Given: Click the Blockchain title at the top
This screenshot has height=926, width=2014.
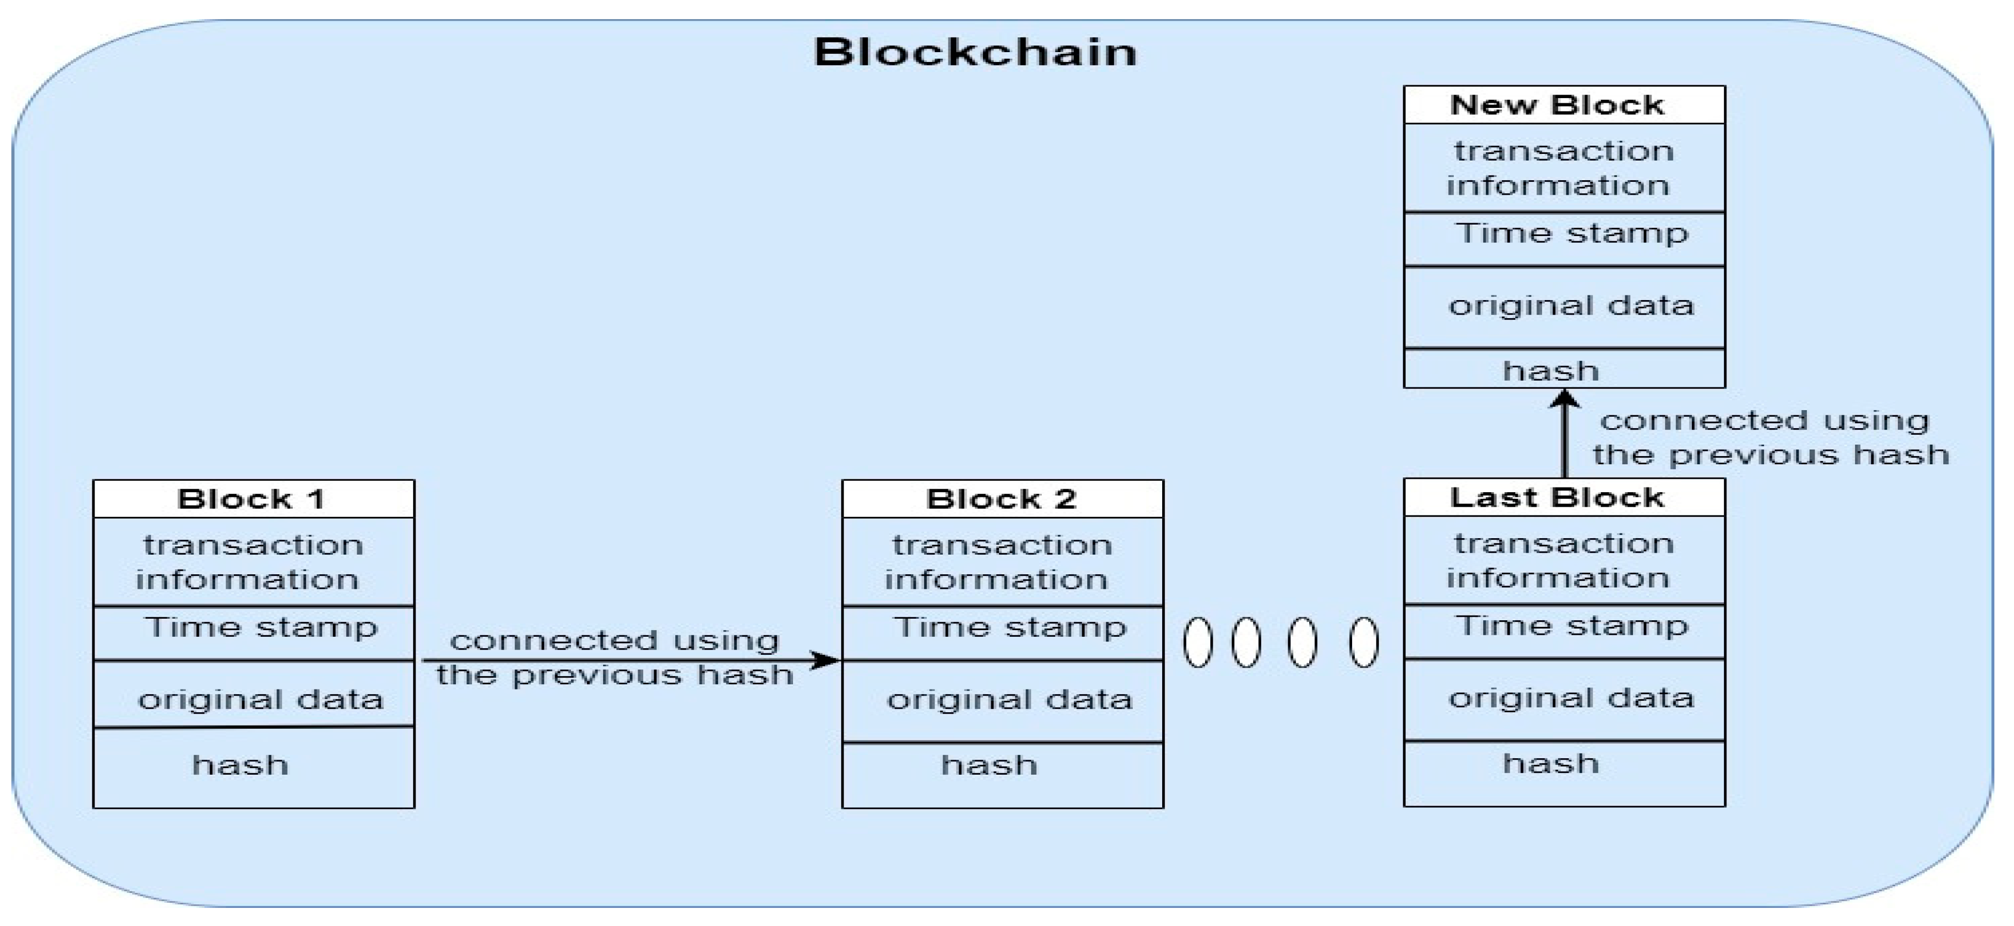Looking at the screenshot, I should point(975,52).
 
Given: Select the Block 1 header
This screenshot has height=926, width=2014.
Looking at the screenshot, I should point(252,499).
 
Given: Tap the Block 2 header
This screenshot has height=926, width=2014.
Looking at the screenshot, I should point(1002,499).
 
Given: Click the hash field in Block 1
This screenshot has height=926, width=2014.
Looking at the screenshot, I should point(241,765).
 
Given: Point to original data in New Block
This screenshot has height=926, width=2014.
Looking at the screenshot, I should point(1570,306).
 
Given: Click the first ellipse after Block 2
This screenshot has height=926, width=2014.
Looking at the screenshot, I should point(1198,642).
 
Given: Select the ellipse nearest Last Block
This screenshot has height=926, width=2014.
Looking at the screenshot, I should point(1363,642).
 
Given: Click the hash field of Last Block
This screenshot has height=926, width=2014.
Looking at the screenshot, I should point(1551,763).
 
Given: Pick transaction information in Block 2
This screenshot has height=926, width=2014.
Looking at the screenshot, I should point(1002,561).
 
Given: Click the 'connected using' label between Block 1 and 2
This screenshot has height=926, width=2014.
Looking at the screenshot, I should point(614,640).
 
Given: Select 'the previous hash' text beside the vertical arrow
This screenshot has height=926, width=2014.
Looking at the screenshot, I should point(1771,455).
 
